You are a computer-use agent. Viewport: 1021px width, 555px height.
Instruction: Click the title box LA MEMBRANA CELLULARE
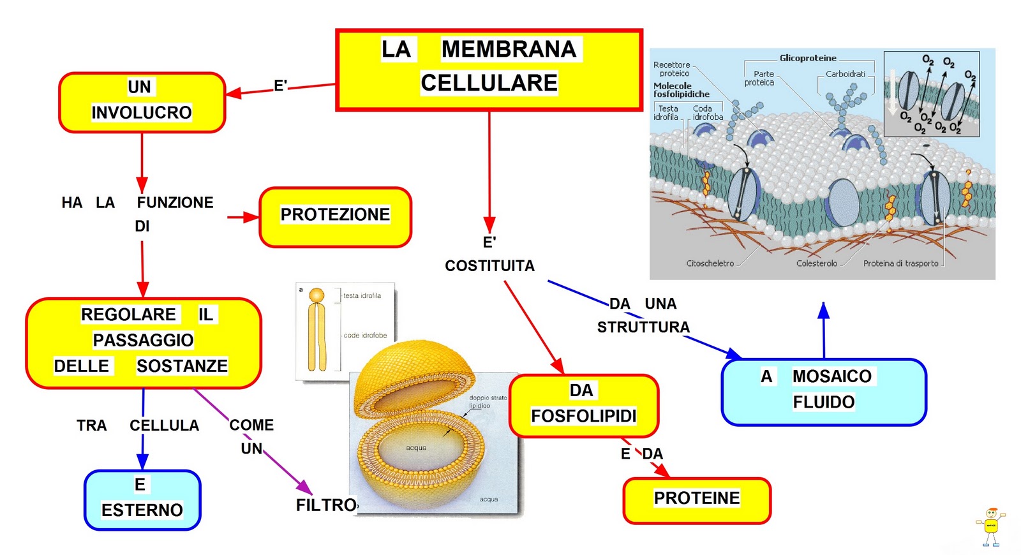coord(489,69)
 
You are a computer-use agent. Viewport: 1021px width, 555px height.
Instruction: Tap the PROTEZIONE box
coord(335,216)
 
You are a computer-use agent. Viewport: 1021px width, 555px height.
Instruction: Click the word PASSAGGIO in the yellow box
coord(143,340)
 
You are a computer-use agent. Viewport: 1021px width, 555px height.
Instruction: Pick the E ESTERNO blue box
coord(142,500)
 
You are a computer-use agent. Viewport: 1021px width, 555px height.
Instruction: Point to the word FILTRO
coord(326,505)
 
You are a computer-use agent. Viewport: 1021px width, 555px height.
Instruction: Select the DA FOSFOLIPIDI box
coord(583,405)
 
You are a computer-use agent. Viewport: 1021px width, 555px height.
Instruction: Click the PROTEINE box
coord(697,500)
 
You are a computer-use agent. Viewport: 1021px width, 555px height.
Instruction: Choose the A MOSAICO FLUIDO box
coord(823,391)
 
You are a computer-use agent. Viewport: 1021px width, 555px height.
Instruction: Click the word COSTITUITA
coord(489,266)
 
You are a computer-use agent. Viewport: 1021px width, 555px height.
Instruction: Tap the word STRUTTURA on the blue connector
coord(643,327)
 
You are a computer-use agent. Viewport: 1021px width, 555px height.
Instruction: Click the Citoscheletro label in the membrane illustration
coord(710,263)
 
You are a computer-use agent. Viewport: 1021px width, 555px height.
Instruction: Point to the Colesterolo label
coord(816,263)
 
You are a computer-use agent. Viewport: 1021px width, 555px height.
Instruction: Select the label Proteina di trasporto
coord(900,263)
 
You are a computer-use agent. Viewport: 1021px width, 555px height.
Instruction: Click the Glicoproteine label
coord(807,58)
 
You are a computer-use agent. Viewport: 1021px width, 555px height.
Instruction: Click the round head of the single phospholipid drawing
coord(317,295)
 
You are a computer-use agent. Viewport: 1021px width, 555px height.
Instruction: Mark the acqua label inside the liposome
coord(416,448)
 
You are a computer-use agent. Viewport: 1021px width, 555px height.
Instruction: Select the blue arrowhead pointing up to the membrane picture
coord(824,311)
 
